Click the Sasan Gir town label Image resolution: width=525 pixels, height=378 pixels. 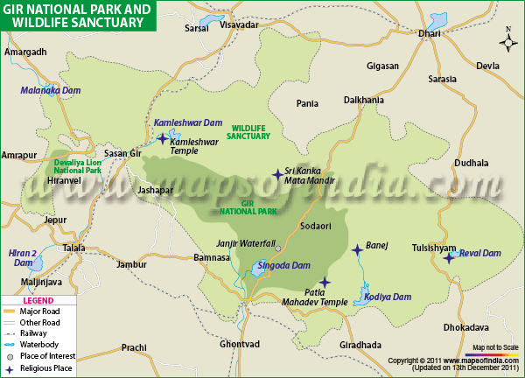coord(122,153)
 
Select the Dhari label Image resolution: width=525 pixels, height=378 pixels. coord(430,33)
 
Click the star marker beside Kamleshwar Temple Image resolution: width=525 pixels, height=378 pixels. coord(162,138)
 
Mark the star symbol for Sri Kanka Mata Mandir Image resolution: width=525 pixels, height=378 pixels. coord(277,175)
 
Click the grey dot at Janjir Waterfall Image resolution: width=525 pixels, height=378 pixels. coord(278,248)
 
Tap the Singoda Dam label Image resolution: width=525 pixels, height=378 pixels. coord(282,264)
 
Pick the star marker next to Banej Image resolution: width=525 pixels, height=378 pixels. coord(356,250)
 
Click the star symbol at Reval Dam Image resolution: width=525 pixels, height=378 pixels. coord(449,256)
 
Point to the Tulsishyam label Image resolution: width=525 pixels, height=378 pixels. coord(435,247)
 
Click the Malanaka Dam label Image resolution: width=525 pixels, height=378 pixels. coord(50,90)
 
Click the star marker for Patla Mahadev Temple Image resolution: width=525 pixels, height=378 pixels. coord(325,282)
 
